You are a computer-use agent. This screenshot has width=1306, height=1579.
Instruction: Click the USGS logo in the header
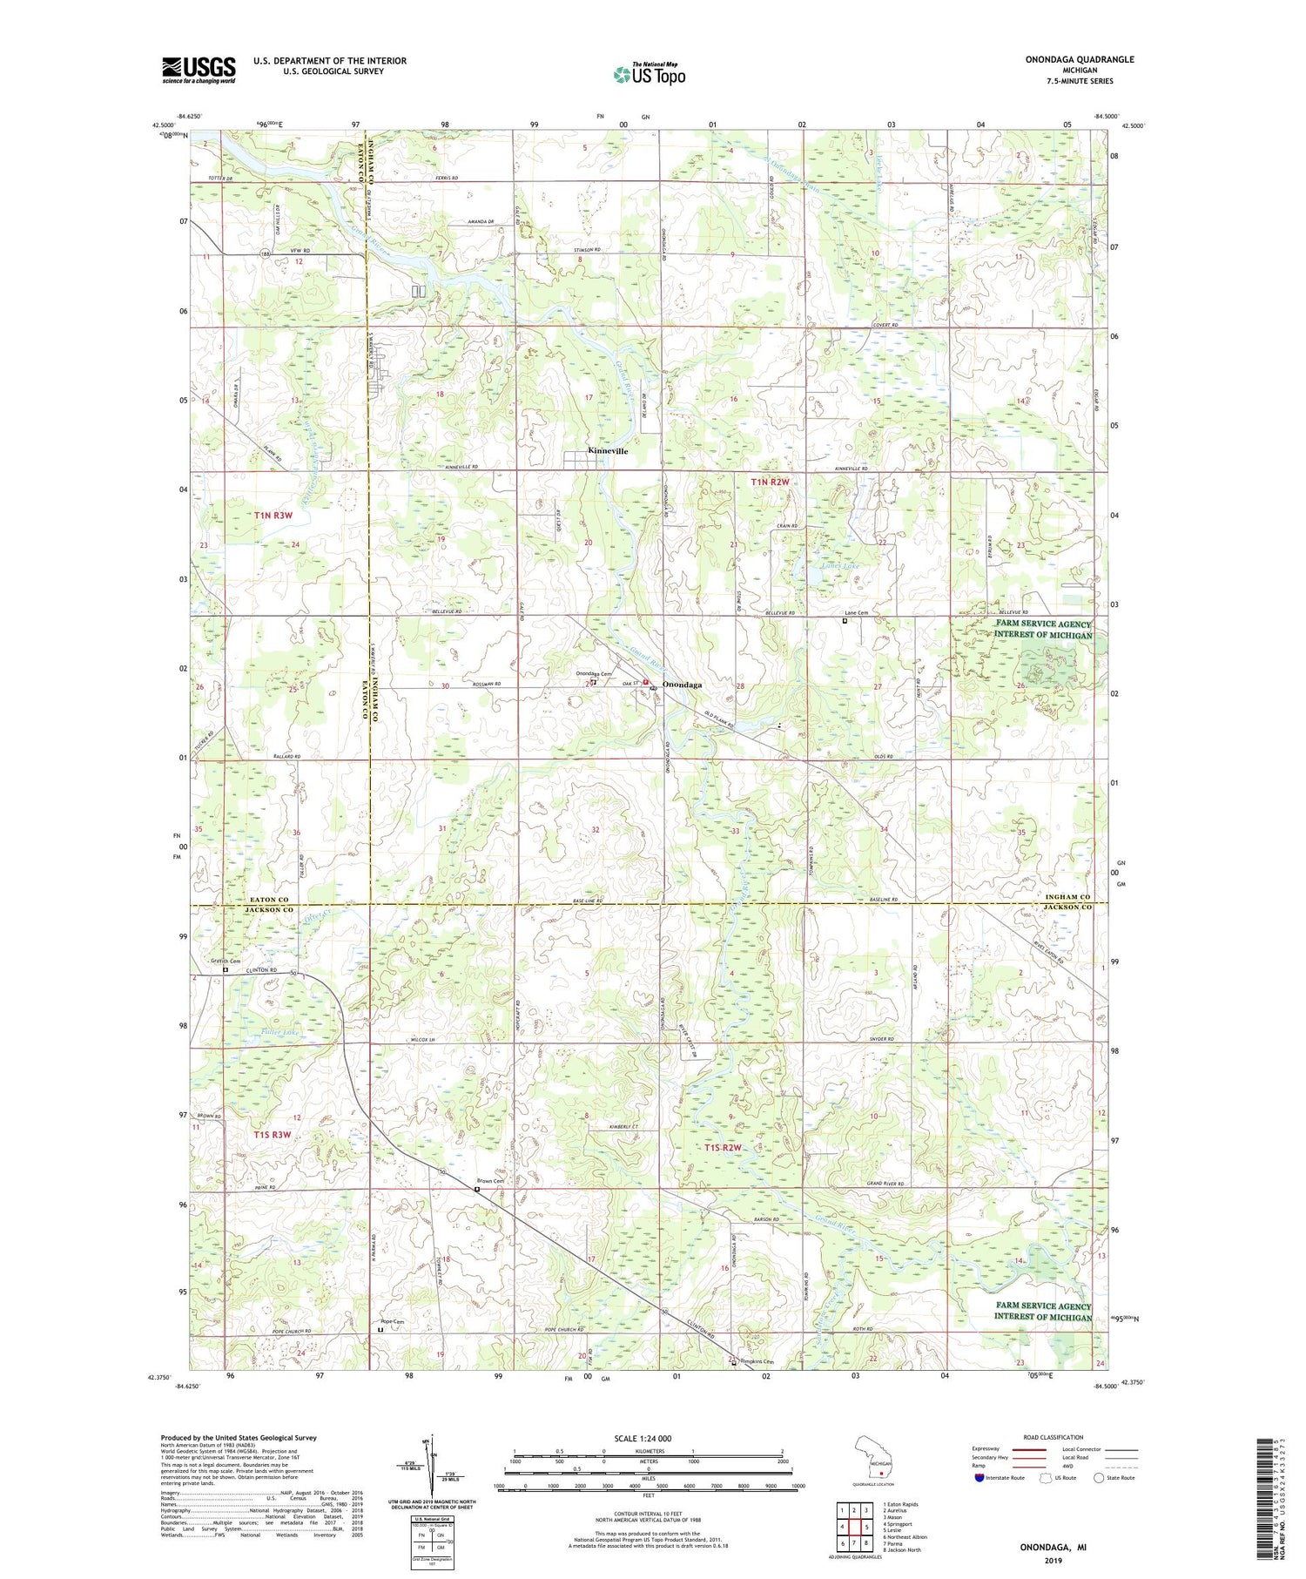[199, 70]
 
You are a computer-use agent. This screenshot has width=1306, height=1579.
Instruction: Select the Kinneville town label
[607, 451]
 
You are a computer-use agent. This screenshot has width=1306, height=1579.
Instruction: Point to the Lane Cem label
[857, 613]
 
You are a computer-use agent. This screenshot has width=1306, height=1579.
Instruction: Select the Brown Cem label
[490, 1182]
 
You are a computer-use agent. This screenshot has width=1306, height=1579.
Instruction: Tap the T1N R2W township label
[770, 482]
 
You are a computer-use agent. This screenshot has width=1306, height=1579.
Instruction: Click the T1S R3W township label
[272, 1135]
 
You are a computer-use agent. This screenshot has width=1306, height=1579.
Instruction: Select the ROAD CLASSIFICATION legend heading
[1054, 1437]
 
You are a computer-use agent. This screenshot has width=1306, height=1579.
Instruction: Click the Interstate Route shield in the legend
[979, 1478]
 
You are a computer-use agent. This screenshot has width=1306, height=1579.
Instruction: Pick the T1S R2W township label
[722, 1148]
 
